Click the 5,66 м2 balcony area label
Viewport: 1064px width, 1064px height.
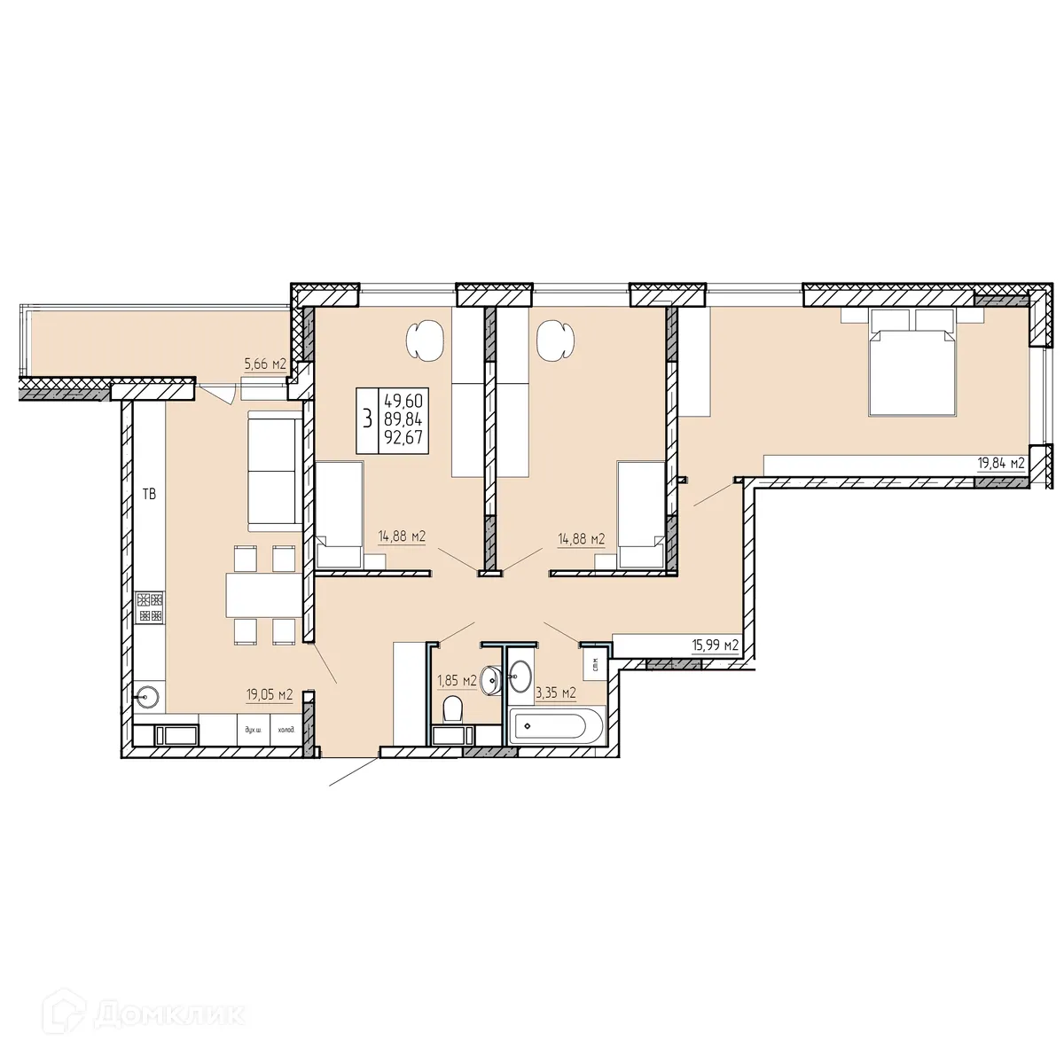point(265,364)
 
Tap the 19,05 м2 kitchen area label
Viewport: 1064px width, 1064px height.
point(270,694)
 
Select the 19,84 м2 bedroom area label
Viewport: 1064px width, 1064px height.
point(1000,463)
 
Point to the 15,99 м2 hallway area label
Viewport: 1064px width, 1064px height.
point(715,645)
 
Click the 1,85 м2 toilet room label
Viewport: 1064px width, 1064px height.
point(457,680)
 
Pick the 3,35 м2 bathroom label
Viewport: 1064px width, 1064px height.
point(555,692)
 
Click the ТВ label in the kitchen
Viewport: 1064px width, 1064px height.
point(149,494)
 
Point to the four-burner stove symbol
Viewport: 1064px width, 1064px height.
point(149,606)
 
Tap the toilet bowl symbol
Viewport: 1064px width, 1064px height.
point(452,708)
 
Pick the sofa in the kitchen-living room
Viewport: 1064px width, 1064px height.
point(274,470)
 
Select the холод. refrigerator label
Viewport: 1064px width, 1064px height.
point(285,730)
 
